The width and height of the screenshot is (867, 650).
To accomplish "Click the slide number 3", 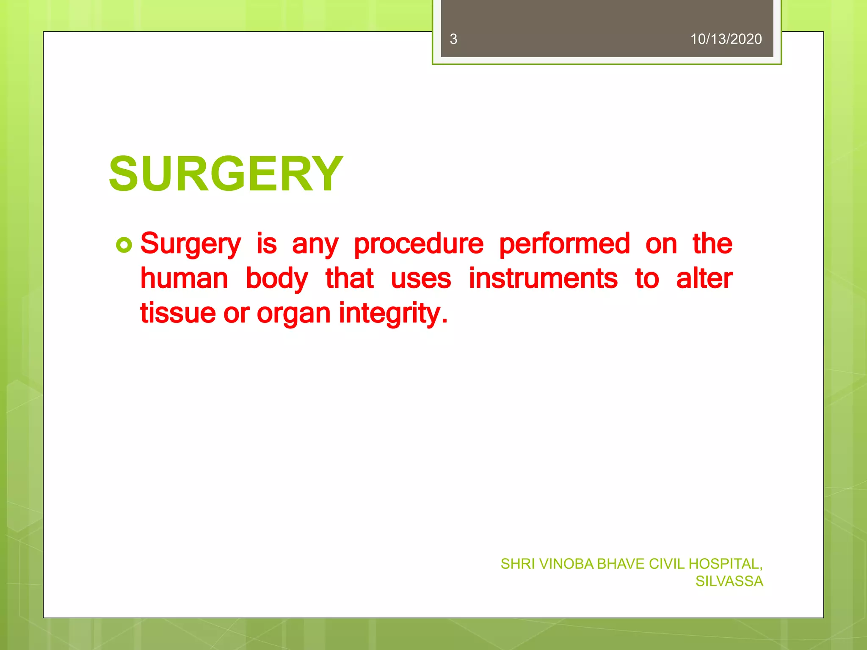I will point(453,39).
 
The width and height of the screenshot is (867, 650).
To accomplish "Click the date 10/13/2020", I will point(726,39).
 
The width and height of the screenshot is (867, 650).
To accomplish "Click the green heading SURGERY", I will point(226,174).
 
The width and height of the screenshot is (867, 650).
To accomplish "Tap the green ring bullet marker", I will point(124,245).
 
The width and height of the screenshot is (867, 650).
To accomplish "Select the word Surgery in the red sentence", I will point(191,244).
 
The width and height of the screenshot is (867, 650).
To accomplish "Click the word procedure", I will point(418,244).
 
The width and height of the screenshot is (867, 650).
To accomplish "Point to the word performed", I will point(564,244).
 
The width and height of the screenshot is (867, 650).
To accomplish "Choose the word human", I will point(184,279).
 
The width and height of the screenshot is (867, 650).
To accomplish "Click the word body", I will point(277,279).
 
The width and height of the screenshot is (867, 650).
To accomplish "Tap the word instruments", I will point(543,279).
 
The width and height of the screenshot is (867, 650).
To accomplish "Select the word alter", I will point(704,279).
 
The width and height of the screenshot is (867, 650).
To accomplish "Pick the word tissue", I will point(178,313).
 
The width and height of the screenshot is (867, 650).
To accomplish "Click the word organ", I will point(293,314).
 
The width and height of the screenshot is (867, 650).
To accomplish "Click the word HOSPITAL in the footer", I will point(725,564).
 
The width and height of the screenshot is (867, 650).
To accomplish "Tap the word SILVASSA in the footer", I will point(729,581).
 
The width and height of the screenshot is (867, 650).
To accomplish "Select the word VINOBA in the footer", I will point(566,564).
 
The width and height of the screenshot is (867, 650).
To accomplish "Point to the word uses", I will point(421,279).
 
